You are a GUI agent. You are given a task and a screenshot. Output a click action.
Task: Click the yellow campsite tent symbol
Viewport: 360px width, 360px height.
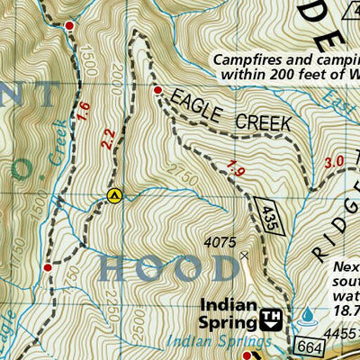[x=113, y=194]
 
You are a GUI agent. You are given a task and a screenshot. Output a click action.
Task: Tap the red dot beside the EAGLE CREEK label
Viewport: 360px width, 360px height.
[x=157, y=91]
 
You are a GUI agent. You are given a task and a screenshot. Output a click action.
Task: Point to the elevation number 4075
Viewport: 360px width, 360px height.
[x=220, y=242]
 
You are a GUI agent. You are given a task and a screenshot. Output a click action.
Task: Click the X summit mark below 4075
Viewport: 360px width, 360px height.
[x=244, y=255]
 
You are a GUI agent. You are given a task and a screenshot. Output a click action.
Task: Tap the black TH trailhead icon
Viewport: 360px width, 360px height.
[x=271, y=318]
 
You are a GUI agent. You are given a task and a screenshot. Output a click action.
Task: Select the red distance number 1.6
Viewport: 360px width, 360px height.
[x=84, y=111]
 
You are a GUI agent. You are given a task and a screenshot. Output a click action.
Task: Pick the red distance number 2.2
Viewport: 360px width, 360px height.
[x=109, y=139]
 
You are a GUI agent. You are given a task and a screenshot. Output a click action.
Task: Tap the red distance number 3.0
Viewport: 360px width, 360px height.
[x=334, y=163]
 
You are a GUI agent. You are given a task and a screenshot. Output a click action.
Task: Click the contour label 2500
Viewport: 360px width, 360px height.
[x=134, y=335]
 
